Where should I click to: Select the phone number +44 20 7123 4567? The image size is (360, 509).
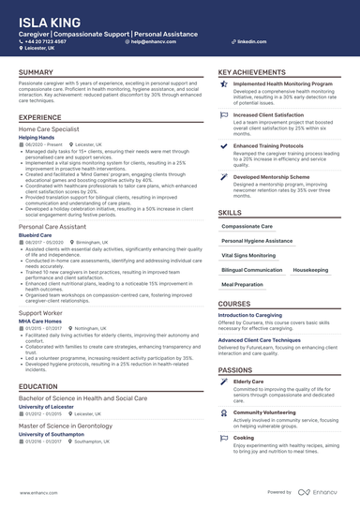[x=48, y=42]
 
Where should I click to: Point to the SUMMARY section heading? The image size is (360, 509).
[x=36, y=72]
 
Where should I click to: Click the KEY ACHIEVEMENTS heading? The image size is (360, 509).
[x=253, y=72]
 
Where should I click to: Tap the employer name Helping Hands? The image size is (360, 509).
[x=37, y=136]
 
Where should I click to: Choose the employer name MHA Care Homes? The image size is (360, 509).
[x=40, y=321]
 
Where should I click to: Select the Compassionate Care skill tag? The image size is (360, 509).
[x=247, y=226]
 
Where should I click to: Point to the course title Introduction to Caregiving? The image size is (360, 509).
[x=260, y=317]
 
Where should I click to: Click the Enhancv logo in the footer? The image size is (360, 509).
[x=320, y=491]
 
